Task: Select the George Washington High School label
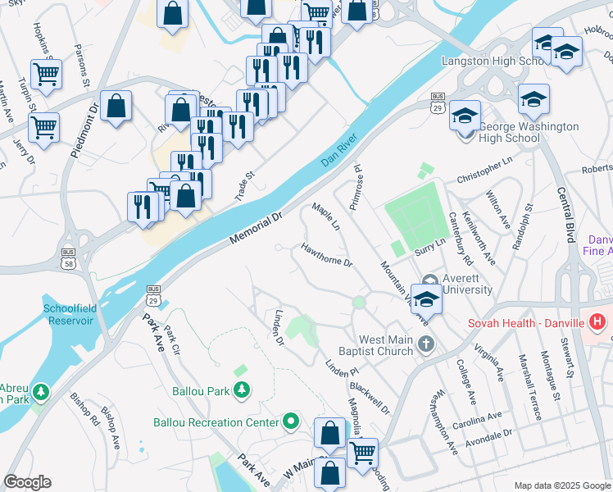pyautogui.click(x=528, y=133)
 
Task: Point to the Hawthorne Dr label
pyautogui.click(x=326, y=255)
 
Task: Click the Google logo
pyautogui.click(x=28, y=482)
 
